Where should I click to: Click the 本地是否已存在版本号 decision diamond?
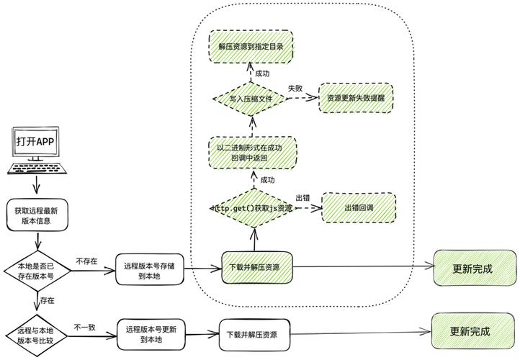36,271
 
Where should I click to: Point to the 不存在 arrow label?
86,261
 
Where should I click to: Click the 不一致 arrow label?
84,327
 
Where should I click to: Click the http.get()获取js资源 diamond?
252,208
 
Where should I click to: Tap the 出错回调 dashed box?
359,207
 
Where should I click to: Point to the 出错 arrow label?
302,198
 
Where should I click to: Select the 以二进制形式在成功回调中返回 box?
252,153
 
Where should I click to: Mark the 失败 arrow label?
295,87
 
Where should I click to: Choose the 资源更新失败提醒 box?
357,98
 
